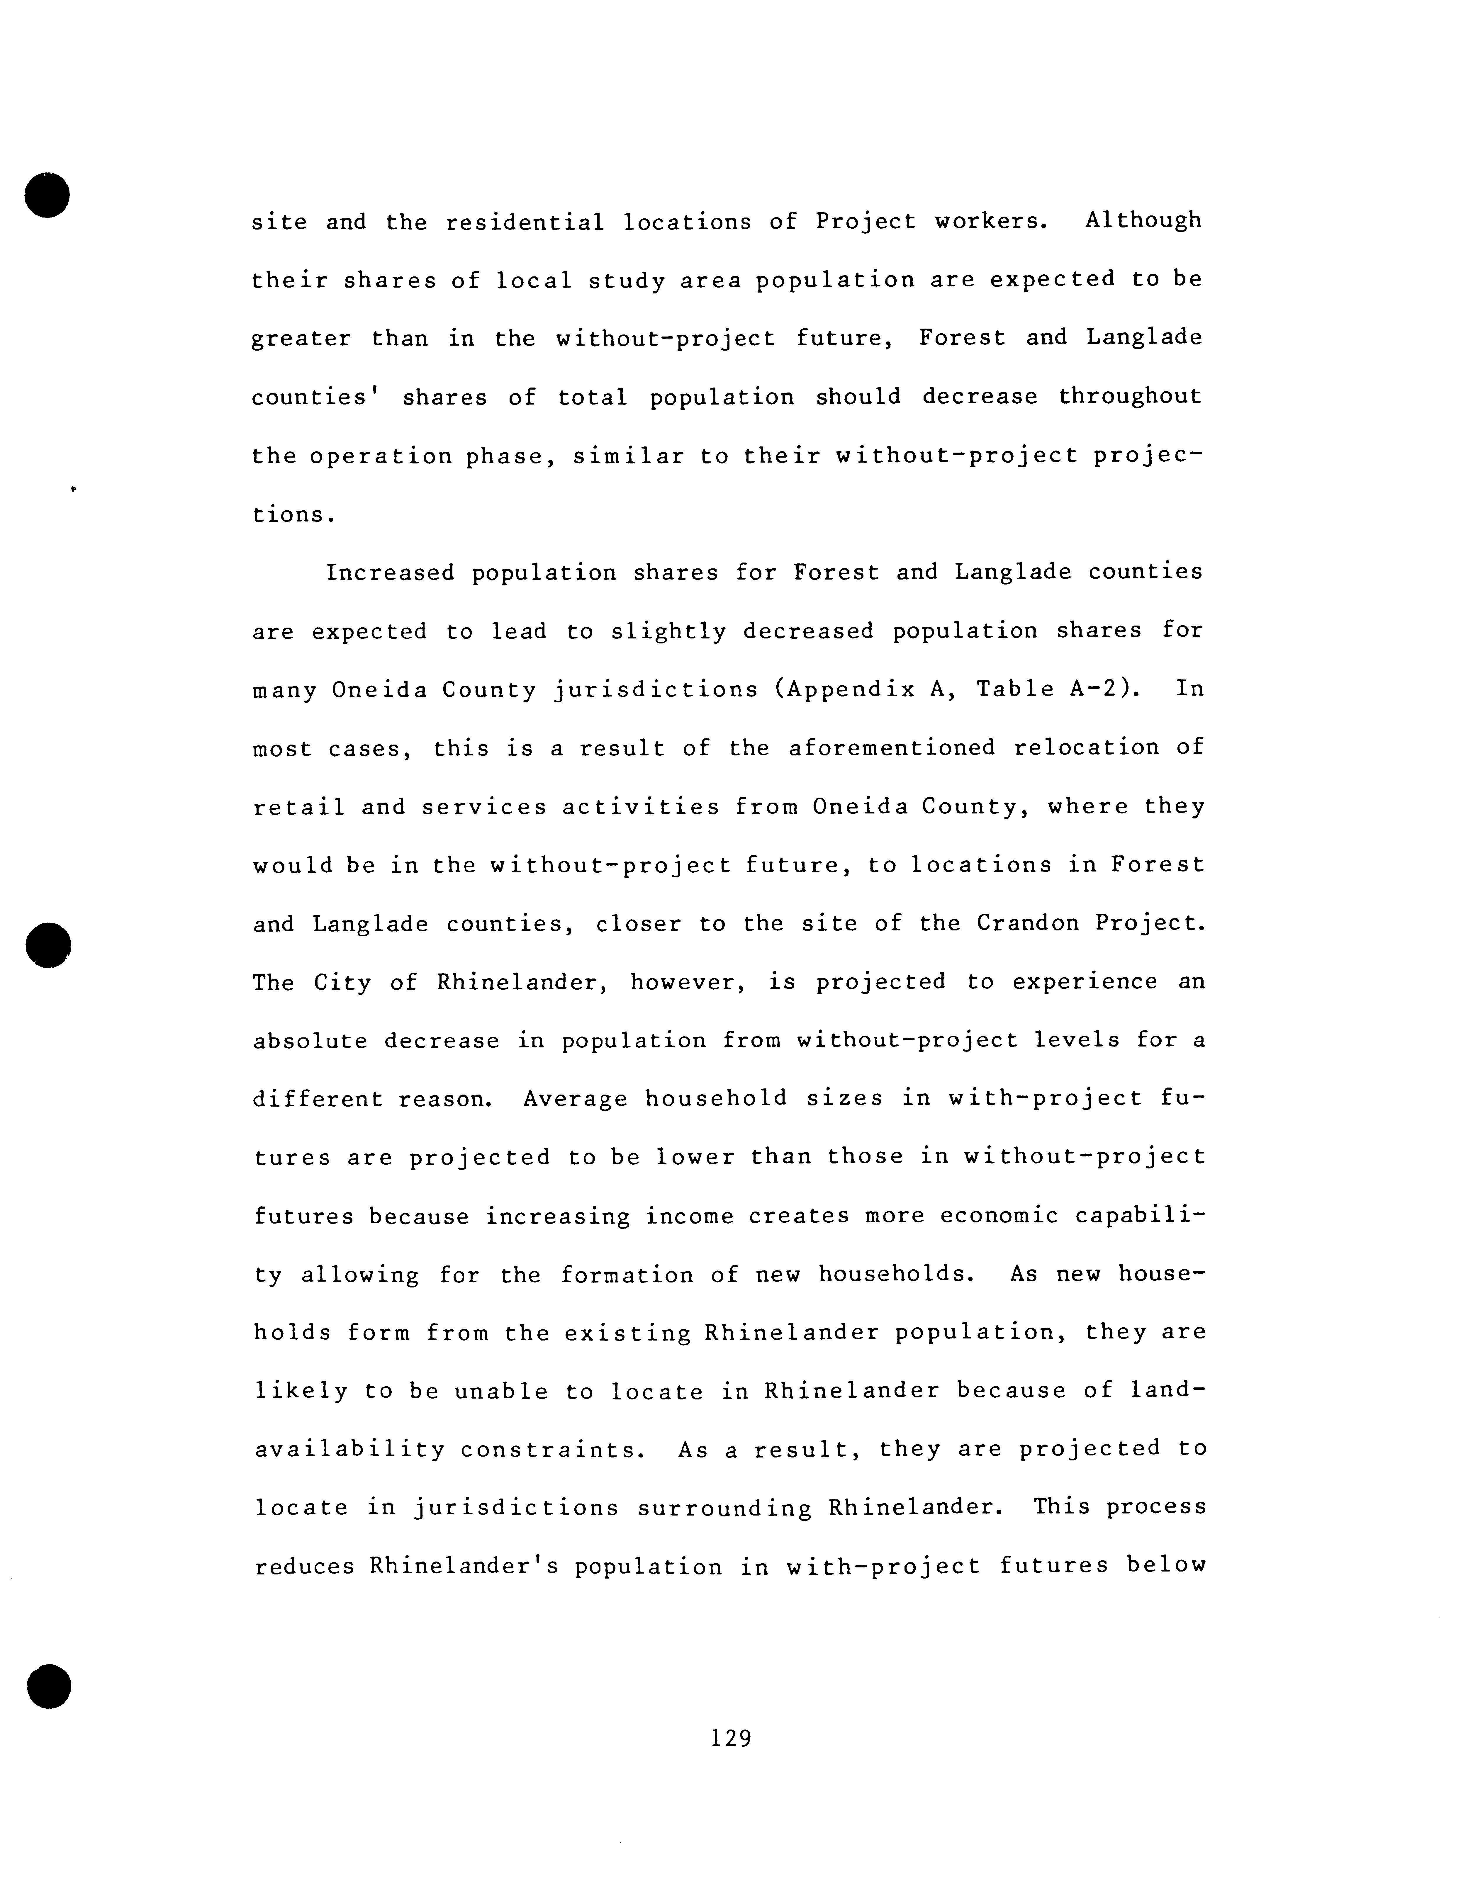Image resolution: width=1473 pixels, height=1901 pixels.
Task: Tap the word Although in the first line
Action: [1143, 220]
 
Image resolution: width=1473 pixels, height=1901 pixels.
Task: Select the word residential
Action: [525, 222]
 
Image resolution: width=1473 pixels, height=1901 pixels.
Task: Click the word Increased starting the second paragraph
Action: [390, 573]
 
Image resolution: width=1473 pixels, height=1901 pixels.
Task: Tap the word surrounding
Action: [723, 1508]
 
